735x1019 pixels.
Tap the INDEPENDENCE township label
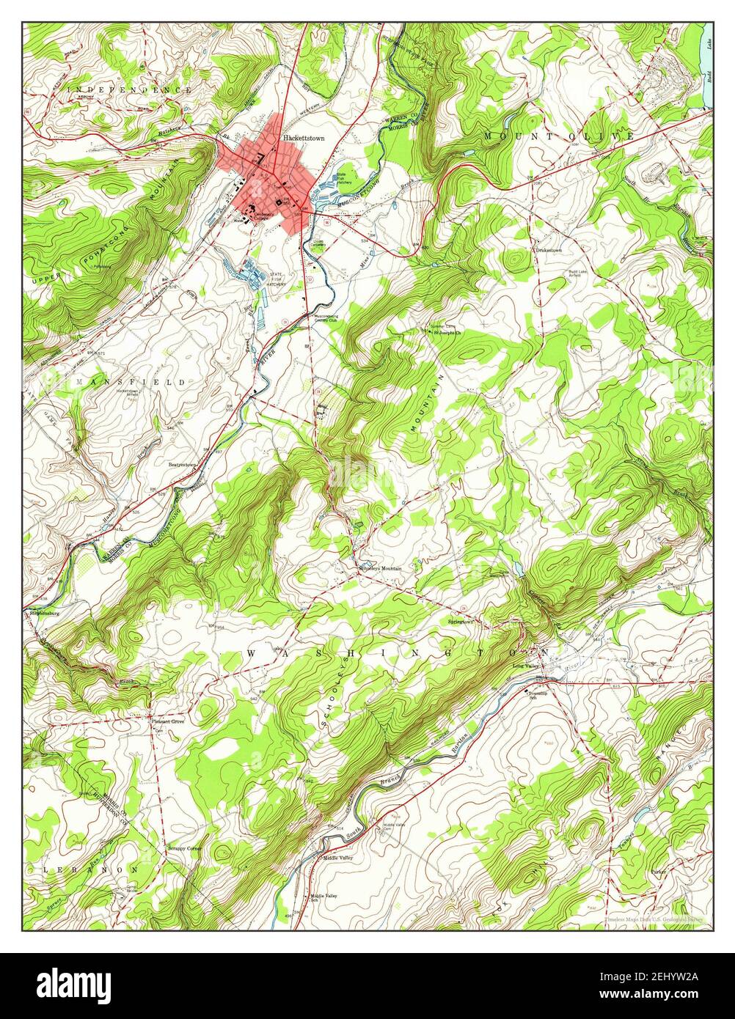pyautogui.click(x=130, y=89)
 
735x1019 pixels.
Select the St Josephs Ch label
pyautogui.click(x=447, y=332)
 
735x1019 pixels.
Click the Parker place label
pyautogui.click(x=659, y=872)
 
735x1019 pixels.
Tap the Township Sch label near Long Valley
pyautogui.click(x=539, y=695)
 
